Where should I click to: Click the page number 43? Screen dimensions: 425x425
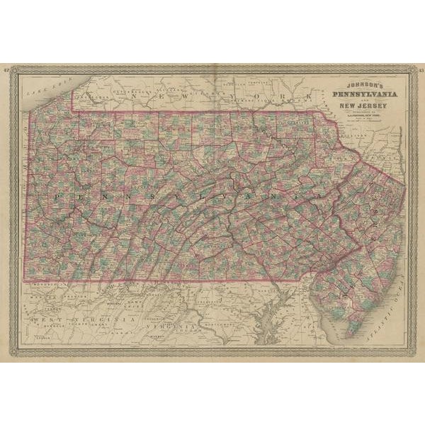[419, 70]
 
